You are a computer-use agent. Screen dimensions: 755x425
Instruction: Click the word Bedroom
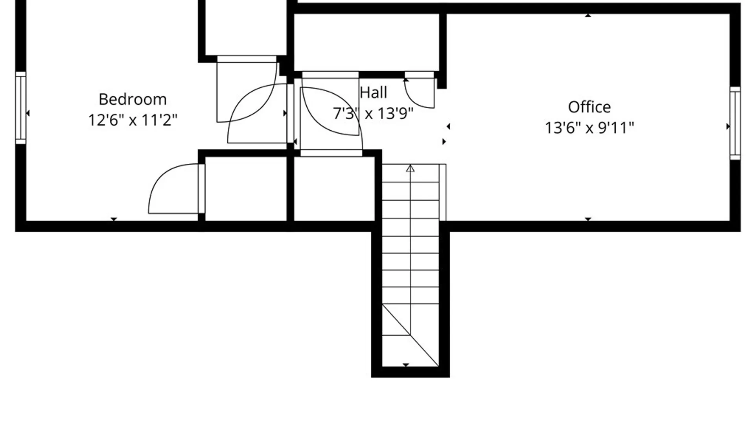[x=133, y=99]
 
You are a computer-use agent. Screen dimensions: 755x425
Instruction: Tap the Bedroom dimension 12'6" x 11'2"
[x=133, y=120]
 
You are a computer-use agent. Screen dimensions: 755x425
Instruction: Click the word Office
[x=589, y=107]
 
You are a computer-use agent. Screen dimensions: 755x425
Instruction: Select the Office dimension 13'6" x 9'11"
[x=589, y=128]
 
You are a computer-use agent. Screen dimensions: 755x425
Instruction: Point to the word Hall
[x=373, y=92]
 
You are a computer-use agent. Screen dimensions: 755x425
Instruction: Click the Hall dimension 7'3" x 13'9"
[x=373, y=113]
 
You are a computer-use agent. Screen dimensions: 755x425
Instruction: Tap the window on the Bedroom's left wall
[x=21, y=108]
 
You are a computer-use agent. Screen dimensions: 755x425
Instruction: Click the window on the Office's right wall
[x=735, y=123]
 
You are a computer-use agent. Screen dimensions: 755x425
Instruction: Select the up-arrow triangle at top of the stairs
[x=410, y=168]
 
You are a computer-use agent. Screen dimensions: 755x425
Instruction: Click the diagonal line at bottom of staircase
[x=410, y=335]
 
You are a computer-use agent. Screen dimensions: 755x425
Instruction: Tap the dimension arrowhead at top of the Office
[x=588, y=15]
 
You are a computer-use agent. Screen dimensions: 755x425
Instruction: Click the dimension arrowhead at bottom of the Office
[x=588, y=219]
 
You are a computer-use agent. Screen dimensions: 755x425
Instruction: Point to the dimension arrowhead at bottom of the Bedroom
[x=114, y=219]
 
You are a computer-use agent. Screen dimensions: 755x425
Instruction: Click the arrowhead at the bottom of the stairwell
[x=406, y=365]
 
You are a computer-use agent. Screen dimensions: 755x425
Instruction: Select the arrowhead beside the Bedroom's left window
[x=28, y=113]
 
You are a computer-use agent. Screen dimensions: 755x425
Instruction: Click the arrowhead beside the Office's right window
[x=728, y=126]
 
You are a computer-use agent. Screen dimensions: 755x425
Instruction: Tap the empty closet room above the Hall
[x=366, y=42]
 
